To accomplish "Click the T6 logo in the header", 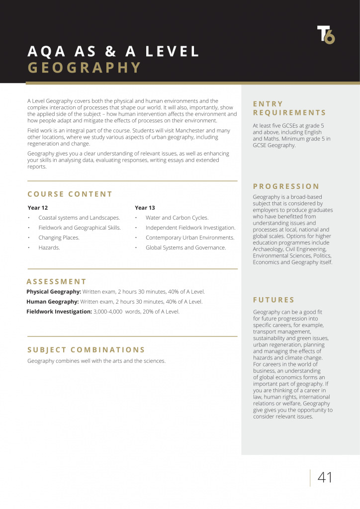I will pos(326,34).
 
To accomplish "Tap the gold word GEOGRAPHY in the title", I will pos(85,68).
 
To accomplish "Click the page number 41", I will pos(325,478).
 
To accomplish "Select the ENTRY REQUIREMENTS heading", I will pos(289,108).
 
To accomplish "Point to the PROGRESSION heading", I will pos(286,186).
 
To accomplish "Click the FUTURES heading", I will pos(274,300).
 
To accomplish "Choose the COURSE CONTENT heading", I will pos(70,194).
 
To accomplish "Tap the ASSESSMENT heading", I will pos(56,281).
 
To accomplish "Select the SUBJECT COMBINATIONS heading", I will pos(86,350).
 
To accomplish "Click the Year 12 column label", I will pos(38,208).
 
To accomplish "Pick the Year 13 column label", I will pos(145,208).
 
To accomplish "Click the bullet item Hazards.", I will pos(49,248).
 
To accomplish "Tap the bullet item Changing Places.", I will pos(59,238).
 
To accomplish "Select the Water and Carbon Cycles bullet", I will pos(177,218).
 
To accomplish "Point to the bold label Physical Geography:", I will pos(54,292).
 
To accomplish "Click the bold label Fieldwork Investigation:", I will pos(59,312).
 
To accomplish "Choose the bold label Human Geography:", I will pos(53,302).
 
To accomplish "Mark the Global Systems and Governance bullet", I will pos(185,248).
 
